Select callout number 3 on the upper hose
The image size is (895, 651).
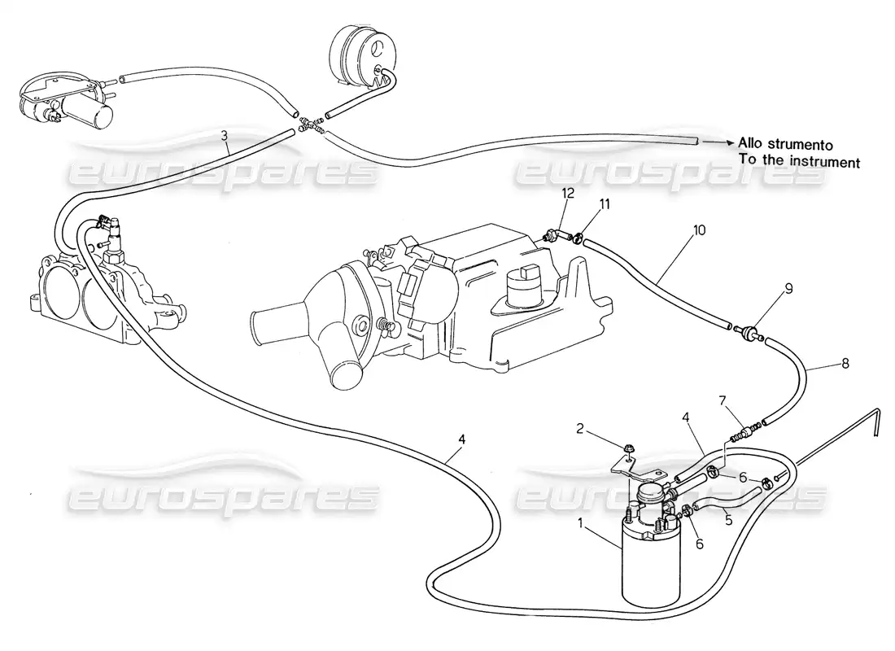tap(225, 137)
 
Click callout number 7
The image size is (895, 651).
tap(721, 400)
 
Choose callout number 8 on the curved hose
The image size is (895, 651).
tap(845, 363)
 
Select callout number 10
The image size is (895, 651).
tap(701, 230)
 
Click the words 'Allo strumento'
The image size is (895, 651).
tap(786, 143)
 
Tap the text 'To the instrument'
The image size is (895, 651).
tap(799, 163)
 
